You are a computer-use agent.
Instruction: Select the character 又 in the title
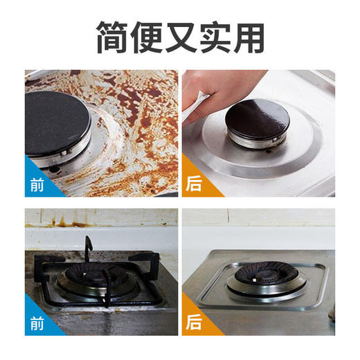(x=181, y=37)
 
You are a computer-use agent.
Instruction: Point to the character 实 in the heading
(x=214, y=37)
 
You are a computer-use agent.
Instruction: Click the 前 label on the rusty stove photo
(x=36, y=185)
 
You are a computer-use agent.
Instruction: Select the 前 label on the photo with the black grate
(x=36, y=323)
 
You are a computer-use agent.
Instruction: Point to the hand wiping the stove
(x=222, y=87)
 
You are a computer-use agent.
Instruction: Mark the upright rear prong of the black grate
(x=88, y=247)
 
